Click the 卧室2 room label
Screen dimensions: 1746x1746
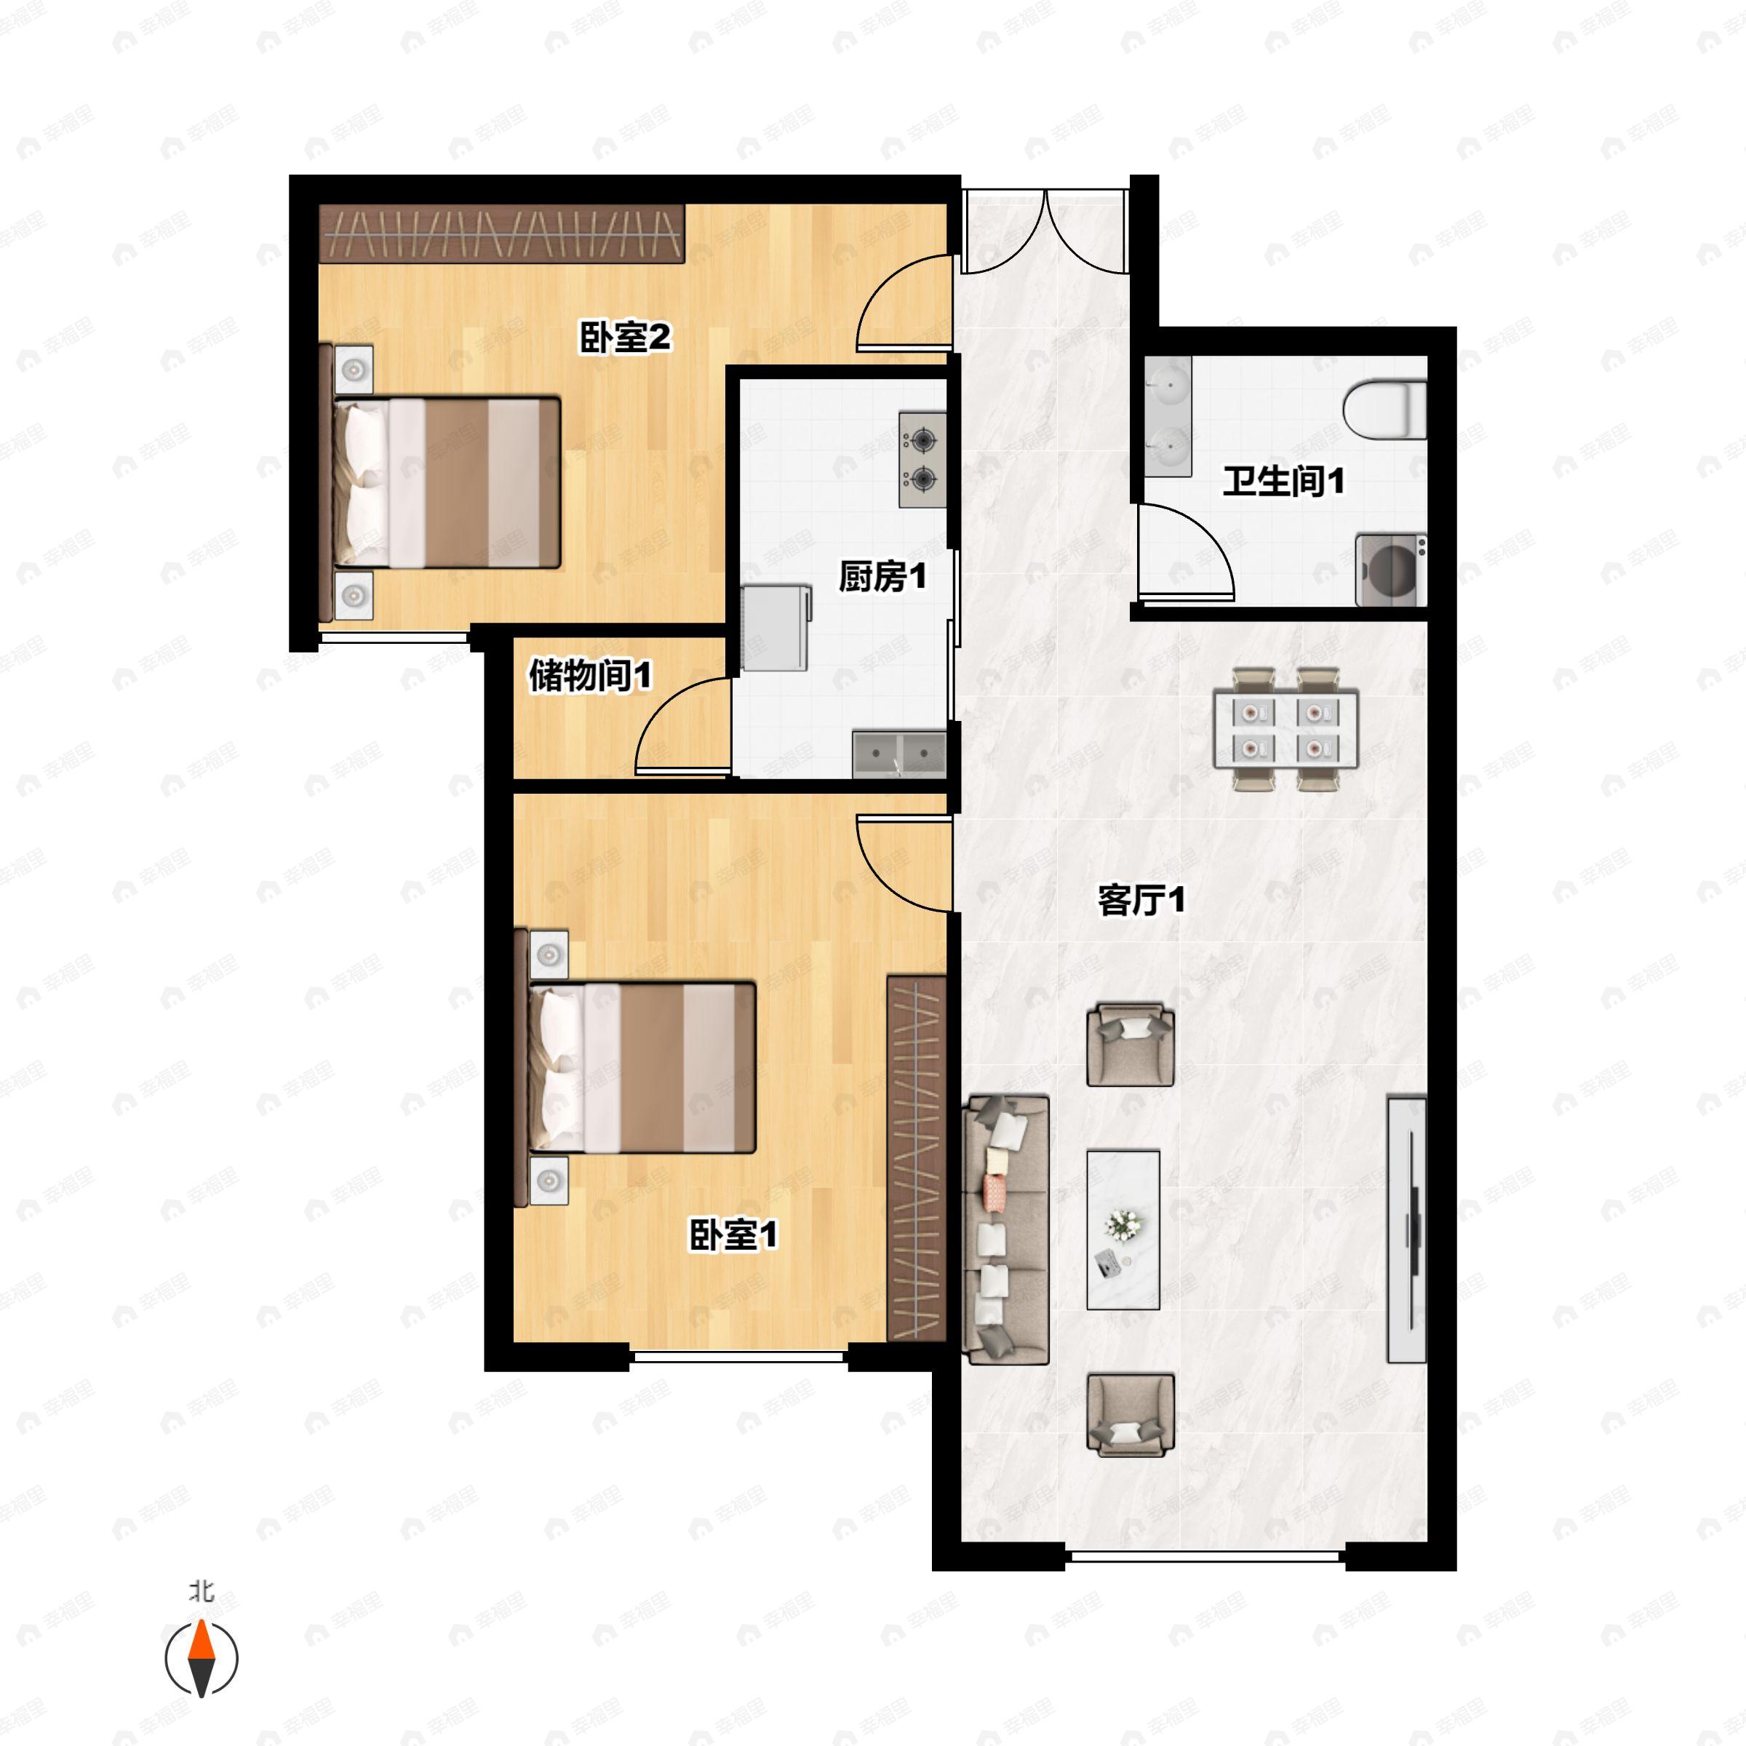click(624, 338)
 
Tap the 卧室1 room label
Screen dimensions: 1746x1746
click(733, 1235)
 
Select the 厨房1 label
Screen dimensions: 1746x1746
click(882, 575)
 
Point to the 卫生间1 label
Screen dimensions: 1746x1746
click(1283, 480)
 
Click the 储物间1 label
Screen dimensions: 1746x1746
click(589, 675)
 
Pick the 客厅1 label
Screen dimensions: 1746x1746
click(1141, 899)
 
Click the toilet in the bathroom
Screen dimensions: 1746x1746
click(1384, 410)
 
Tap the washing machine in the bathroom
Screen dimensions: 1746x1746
click(1390, 570)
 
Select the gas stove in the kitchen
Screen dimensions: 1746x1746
click(922, 459)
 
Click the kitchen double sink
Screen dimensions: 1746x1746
click(899, 753)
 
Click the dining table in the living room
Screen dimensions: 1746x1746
click(1284, 728)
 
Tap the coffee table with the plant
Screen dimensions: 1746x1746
click(1123, 1229)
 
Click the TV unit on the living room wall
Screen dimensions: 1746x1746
click(1406, 1229)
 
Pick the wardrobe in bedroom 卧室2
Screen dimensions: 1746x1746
click(501, 233)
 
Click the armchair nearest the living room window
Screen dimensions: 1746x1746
click(1130, 1414)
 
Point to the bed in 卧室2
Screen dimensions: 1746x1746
click(447, 482)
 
